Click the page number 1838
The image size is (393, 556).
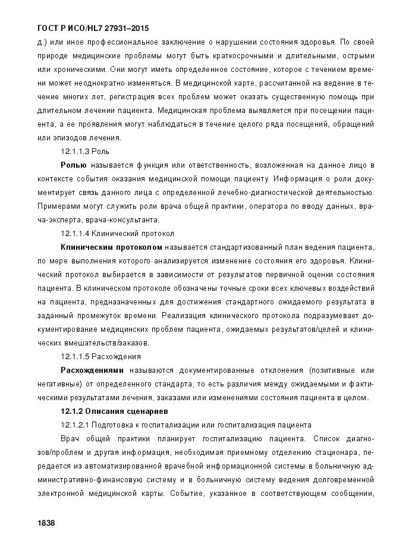tap(46, 522)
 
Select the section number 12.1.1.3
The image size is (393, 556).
tap(74, 151)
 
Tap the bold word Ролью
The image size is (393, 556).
tap(73, 164)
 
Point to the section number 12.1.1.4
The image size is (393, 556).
tap(74, 233)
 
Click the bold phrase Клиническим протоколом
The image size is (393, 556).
tap(111, 246)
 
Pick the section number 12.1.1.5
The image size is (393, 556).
tap(74, 357)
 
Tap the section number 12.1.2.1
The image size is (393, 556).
tap(74, 425)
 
